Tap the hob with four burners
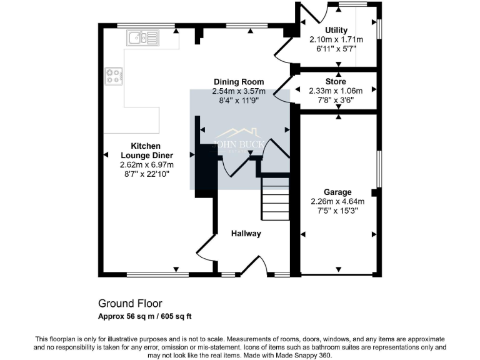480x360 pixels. [x=113, y=76]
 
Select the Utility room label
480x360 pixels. [x=336, y=30]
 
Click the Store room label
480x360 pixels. [x=336, y=82]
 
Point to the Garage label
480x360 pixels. [x=337, y=192]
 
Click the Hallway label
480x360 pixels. [x=246, y=234]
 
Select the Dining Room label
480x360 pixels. [x=239, y=82]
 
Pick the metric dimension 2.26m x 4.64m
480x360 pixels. [x=337, y=201]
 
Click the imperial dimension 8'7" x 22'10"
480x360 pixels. [x=147, y=174]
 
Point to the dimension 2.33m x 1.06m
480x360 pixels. [x=336, y=91]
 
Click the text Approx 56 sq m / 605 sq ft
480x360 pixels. [x=145, y=316]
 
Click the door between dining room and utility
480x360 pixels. [x=285, y=50]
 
